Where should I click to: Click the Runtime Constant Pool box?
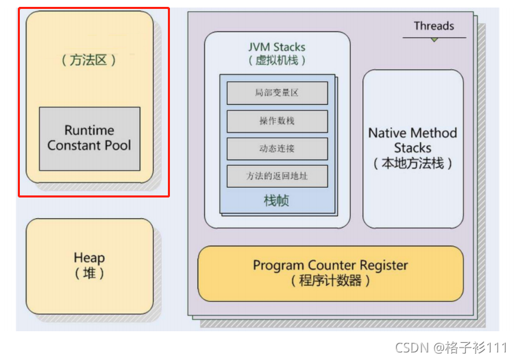[x=89, y=138]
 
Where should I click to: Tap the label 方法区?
[x=89, y=60]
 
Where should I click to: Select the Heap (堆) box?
[x=89, y=266]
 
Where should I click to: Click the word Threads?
[x=434, y=26]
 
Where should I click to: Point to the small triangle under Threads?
[x=434, y=40]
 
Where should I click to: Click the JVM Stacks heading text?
[x=277, y=47]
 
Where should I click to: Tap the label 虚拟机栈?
[x=277, y=60]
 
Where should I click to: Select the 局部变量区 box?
[x=277, y=93]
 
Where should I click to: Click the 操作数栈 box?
[x=277, y=121]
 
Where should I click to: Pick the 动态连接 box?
[x=277, y=148]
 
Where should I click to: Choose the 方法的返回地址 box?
[x=277, y=176]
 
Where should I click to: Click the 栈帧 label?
[x=277, y=201]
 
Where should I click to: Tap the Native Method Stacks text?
[x=413, y=140]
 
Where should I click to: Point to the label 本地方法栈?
[x=413, y=164]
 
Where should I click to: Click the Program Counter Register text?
[x=330, y=265]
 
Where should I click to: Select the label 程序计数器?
[x=330, y=280]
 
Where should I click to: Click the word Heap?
[x=89, y=258]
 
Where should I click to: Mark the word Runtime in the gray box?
[x=89, y=130]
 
